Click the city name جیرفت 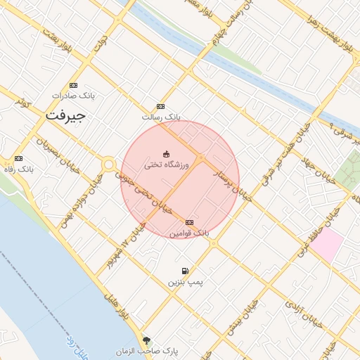65,115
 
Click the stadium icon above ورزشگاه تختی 167,154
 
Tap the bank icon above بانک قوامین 189,222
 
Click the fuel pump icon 184,271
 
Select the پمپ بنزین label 184,282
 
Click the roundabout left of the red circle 109,165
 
